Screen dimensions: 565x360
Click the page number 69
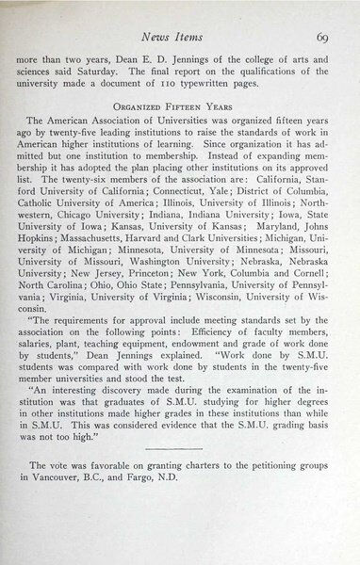(321, 38)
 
